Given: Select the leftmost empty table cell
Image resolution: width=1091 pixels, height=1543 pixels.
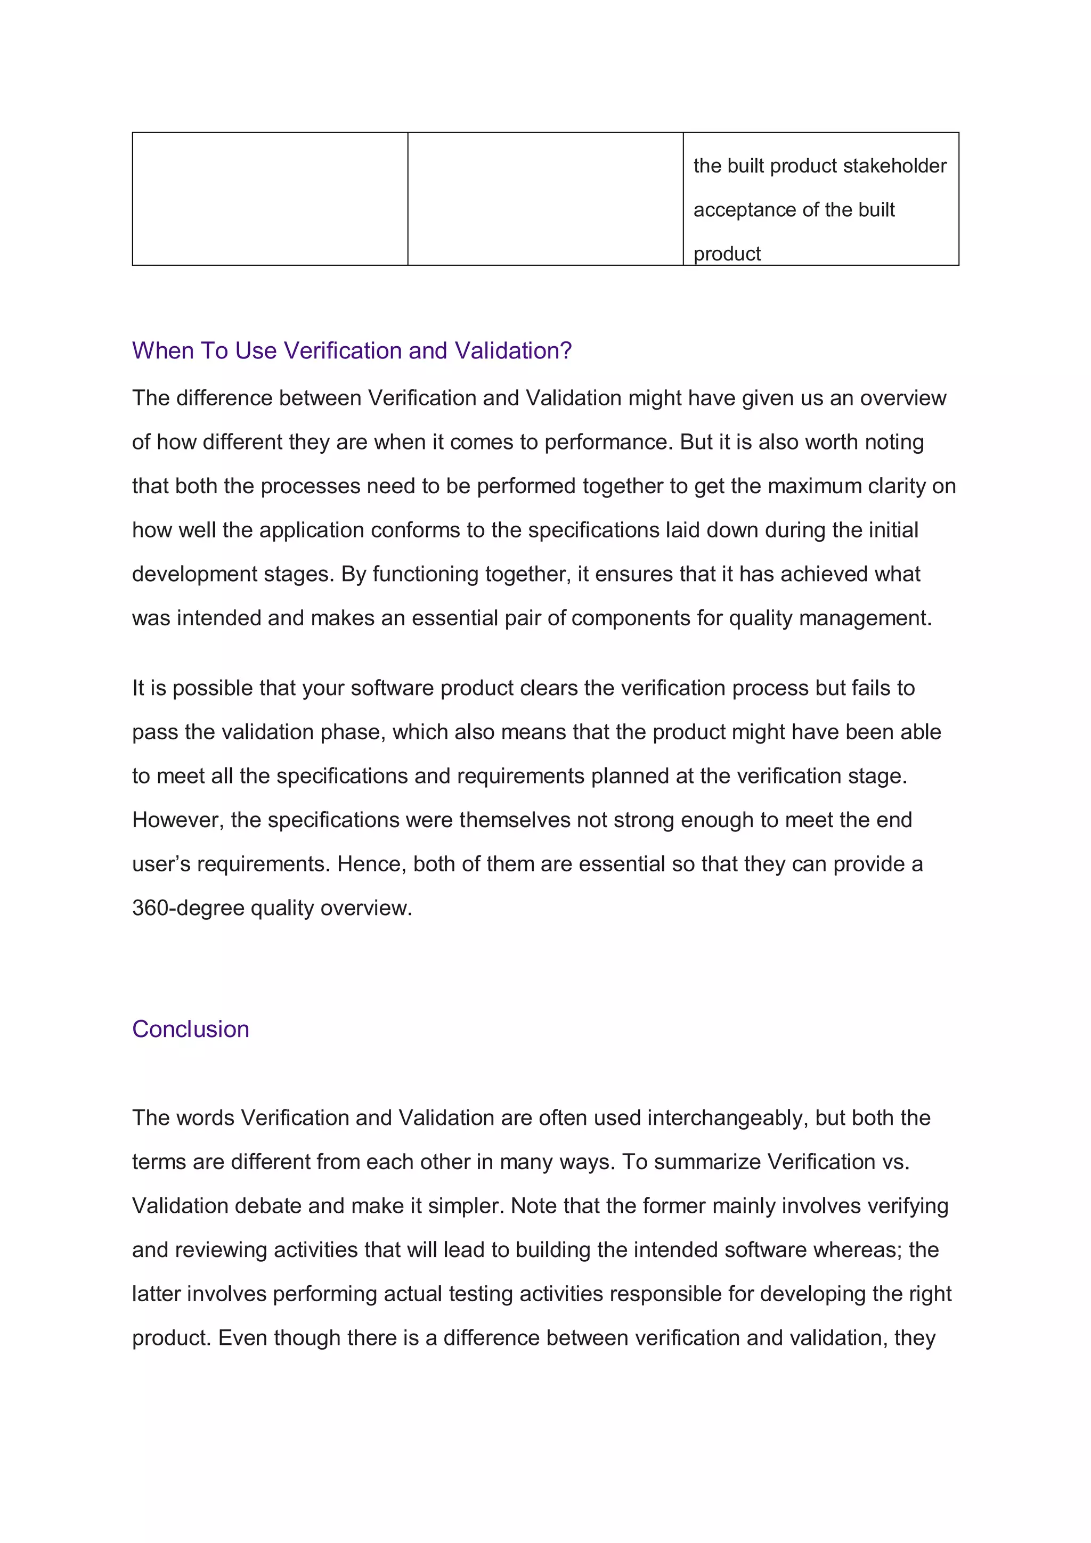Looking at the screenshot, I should (270, 199).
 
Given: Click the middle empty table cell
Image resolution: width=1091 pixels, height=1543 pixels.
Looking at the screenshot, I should (545, 199).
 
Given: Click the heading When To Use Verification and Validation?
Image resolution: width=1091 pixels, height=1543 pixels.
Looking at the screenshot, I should (352, 351).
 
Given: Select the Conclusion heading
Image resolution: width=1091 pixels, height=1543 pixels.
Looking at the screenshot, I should (190, 1029).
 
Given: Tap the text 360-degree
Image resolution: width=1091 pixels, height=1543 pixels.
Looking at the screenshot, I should (188, 908).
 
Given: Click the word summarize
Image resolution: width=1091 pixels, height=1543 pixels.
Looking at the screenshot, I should (707, 1162).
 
